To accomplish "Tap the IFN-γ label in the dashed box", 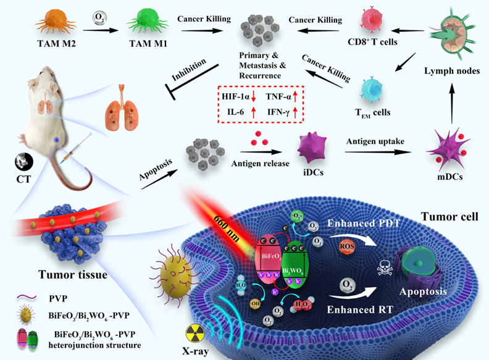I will click(x=277, y=112).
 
